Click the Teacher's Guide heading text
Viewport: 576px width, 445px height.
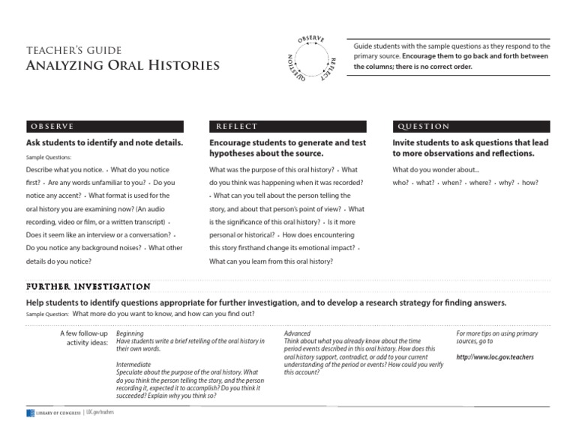(x=73, y=50)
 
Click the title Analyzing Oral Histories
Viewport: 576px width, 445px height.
(x=122, y=66)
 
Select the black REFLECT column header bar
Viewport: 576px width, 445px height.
(x=287, y=127)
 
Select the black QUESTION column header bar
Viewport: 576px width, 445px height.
(x=470, y=127)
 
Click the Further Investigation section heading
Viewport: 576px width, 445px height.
(x=88, y=286)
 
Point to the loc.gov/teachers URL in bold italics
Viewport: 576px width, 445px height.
(x=495, y=357)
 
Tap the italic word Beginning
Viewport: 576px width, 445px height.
(x=130, y=333)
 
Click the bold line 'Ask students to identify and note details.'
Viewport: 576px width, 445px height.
(x=104, y=142)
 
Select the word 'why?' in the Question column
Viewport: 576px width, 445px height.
(x=507, y=183)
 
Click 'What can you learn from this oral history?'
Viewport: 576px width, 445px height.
(x=271, y=261)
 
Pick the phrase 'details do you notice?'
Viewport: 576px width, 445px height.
(x=58, y=261)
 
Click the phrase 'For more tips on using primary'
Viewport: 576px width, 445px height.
(x=496, y=333)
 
